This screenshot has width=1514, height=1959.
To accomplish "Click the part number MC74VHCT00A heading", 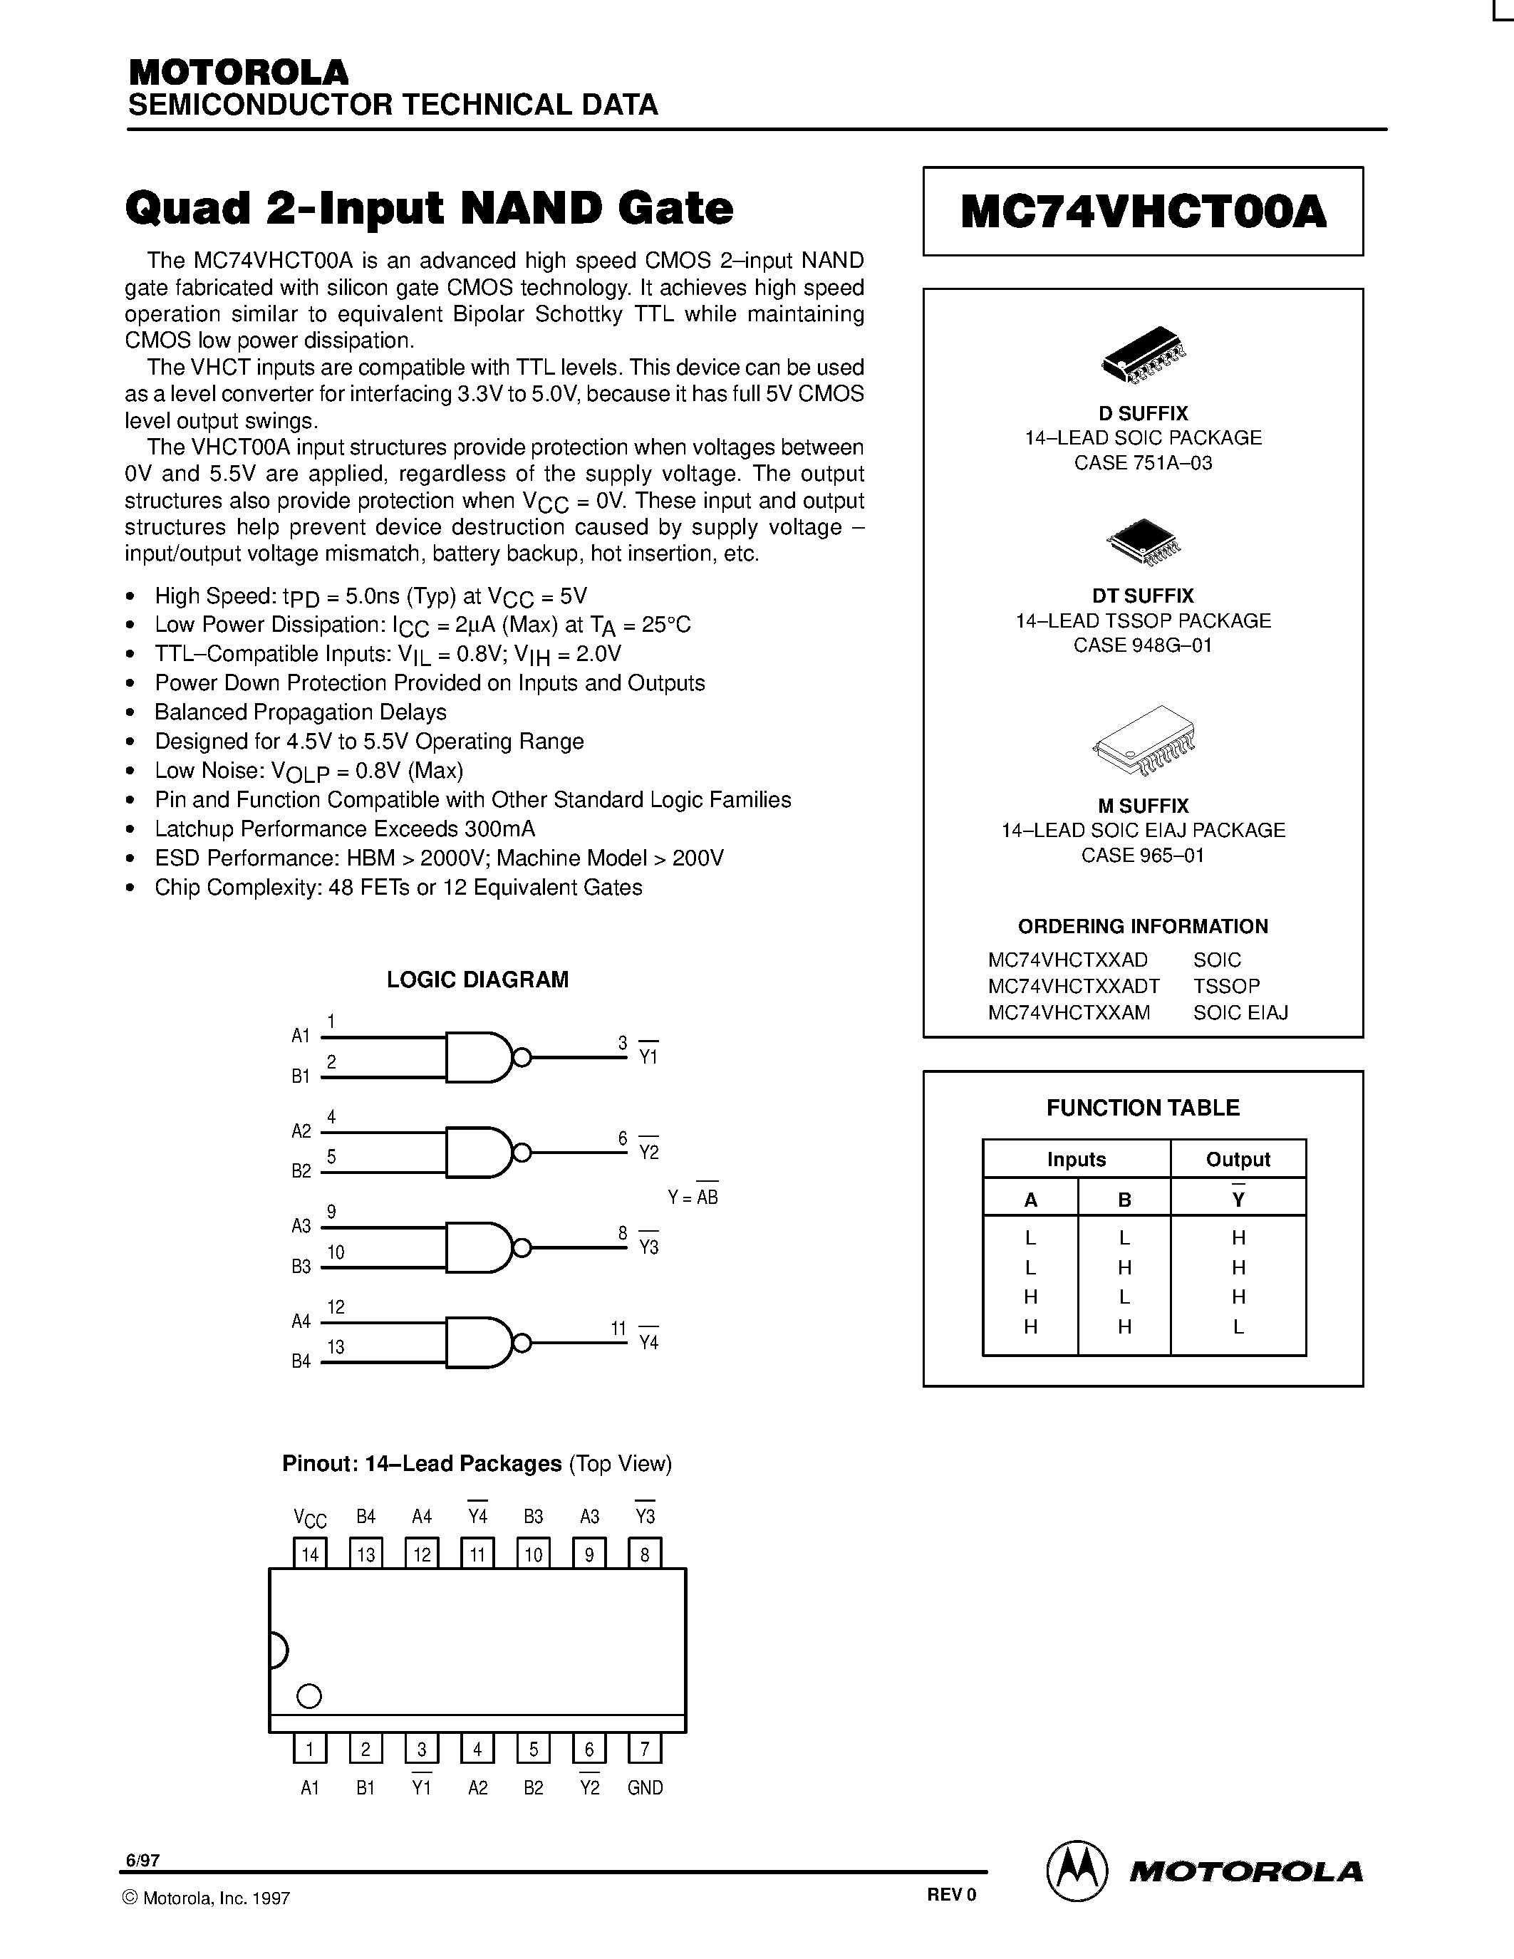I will point(1143,212).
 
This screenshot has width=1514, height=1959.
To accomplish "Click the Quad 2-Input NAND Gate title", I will point(429,208).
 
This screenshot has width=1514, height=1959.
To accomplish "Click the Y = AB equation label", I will point(693,1197).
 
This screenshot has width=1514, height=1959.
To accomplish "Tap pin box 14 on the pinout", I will point(311,1554).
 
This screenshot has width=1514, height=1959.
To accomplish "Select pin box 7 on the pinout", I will point(645,1748).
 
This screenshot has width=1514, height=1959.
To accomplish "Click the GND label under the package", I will point(645,1788).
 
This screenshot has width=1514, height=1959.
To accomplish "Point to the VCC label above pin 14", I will point(311,1517).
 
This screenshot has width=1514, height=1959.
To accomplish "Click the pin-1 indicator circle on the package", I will point(309,1696).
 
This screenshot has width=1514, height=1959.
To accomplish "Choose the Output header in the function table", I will point(1238,1159).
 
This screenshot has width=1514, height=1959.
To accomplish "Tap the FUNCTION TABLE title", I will point(1143,1108).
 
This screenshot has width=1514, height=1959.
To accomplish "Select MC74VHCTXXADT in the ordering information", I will point(1074,986).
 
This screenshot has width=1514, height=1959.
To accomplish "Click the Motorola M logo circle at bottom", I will point(1077,1872).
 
